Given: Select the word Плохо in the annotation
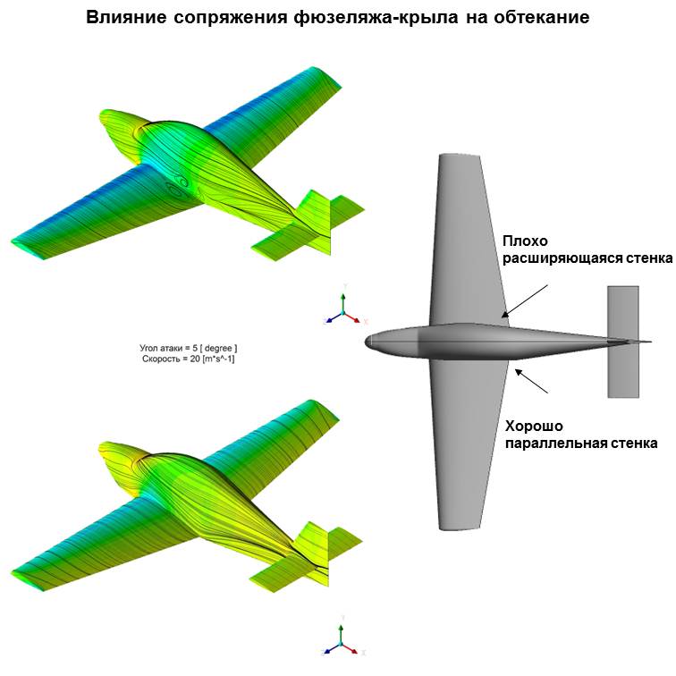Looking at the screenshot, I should (524, 241).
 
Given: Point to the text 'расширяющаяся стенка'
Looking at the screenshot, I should (587, 259).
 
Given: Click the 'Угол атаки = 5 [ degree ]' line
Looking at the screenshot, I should (189, 346).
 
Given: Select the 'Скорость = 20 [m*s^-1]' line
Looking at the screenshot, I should (189, 359).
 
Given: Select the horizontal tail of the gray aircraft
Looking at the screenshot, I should (622, 342).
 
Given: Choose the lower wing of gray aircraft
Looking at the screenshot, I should (465, 447).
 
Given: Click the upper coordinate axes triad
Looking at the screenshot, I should (344, 308).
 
